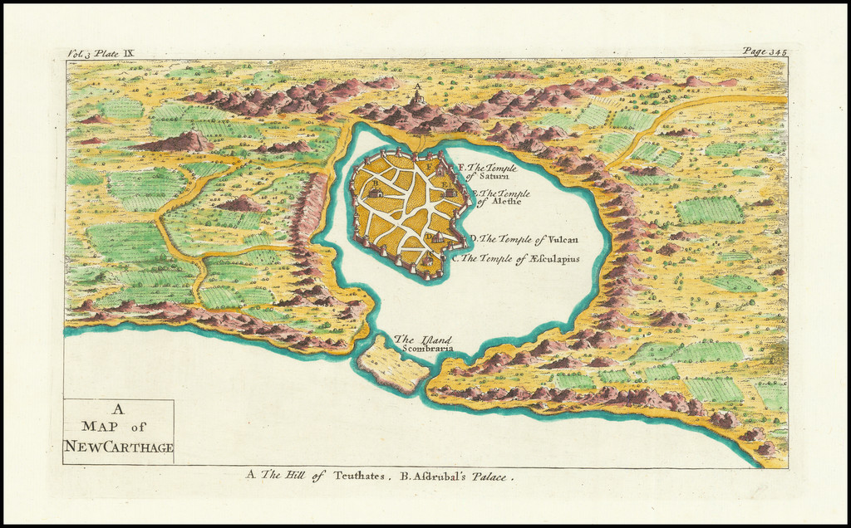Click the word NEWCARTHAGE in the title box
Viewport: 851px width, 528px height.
[x=118, y=448]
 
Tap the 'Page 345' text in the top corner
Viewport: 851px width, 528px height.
[x=765, y=51]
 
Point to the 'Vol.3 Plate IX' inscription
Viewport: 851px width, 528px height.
[x=101, y=52]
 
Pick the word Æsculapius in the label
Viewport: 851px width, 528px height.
[x=548, y=259]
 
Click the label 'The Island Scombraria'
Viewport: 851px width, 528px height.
[x=423, y=344]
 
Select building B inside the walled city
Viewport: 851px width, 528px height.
[x=376, y=193]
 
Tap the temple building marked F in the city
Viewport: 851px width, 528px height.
[x=440, y=170]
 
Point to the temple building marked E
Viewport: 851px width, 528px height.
[x=450, y=193]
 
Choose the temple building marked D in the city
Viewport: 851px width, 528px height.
[x=438, y=237]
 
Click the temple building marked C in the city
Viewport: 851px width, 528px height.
[x=427, y=262]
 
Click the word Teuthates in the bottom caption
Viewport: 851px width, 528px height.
[x=360, y=477]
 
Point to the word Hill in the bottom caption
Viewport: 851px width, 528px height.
[x=296, y=476]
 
